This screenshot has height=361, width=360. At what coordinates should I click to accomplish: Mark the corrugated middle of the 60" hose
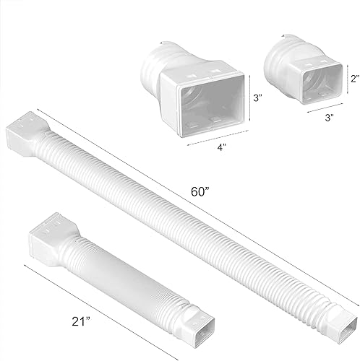pyautogui.click(x=188, y=217)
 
